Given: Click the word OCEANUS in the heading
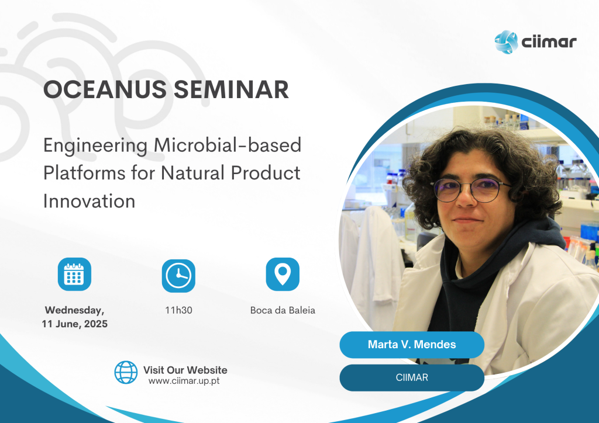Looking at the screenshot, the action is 105,89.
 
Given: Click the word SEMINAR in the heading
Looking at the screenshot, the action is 231,89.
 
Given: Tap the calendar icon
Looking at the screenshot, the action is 74,274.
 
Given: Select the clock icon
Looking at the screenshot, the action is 178,276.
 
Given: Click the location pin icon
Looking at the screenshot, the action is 283,274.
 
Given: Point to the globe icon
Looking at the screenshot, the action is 126,372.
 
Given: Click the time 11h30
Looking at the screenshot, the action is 178,310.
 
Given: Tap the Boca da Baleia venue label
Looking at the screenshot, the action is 283,310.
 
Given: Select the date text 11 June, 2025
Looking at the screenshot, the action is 74,324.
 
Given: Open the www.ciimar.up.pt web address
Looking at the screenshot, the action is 184,381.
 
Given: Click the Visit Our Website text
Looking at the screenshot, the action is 185,370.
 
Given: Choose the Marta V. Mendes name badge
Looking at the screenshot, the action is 412,345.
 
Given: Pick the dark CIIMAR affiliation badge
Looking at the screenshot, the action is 412,377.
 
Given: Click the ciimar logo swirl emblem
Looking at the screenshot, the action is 506,42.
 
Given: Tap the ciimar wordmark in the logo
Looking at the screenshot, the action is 549,41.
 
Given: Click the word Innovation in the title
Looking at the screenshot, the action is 89,201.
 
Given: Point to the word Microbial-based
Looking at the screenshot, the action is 228,145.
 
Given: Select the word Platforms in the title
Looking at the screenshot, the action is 84,173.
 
